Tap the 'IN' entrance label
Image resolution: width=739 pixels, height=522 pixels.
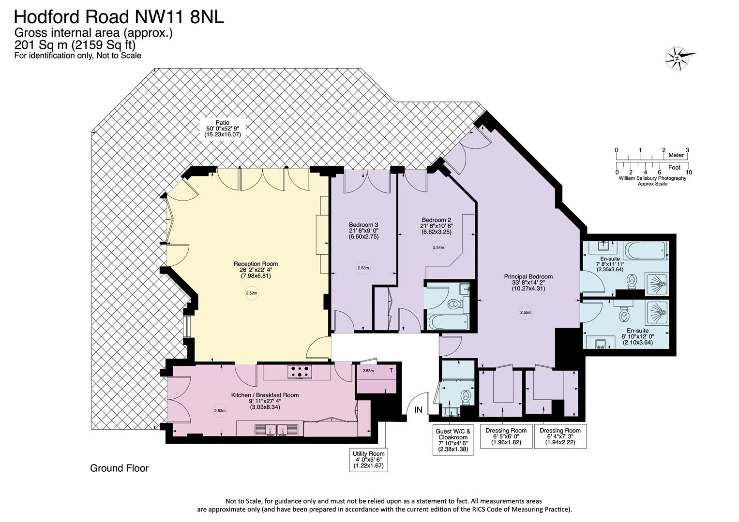(418, 410)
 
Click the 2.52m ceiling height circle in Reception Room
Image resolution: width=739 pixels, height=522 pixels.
(252, 293)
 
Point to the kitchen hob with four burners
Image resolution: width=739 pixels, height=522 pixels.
(300, 372)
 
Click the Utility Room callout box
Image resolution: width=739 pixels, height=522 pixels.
(368, 460)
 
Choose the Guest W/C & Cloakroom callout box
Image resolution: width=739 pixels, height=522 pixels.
(453, 440)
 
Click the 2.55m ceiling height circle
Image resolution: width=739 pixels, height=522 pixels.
(526, 312)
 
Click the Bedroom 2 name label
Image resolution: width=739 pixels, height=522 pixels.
(436, 220)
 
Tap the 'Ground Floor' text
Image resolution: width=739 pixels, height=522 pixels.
(120, 468)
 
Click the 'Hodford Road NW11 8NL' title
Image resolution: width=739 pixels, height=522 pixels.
(119, 17)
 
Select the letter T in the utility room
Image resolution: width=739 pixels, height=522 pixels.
(391, 370)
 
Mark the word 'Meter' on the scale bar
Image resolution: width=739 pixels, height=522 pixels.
(676, 155)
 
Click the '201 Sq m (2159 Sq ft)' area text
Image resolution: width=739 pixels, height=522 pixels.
(75, 44)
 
